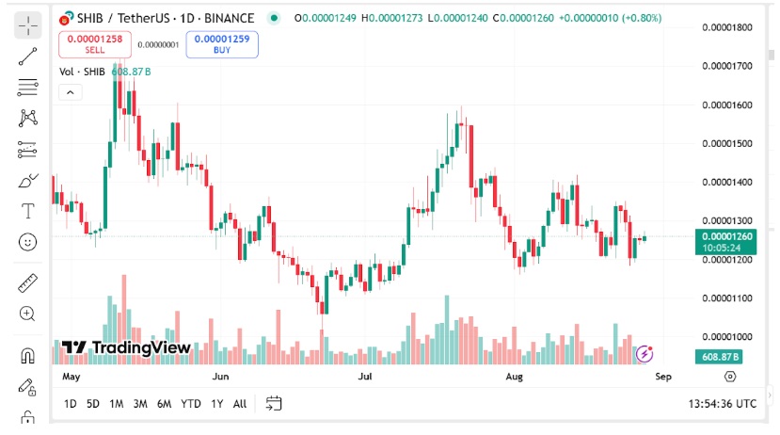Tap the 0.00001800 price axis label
click(x=728, y=27)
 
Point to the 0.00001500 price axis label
click(x=728, y=144)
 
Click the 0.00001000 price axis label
click(x=728, y=337)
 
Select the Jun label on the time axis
click(x=220, y=377)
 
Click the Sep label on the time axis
click(x=662, y=377)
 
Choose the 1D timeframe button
click(x=71, y=404)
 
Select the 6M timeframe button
click(x=164, y=404)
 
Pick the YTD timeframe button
click(x=191, y=404)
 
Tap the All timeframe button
click(x=240, y=404)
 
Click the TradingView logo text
click(x=126, y=347)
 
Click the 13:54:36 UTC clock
click(x=722, y=404)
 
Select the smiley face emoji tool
click(x=27, y=242)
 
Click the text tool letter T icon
click(x=27, y=210)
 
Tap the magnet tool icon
click(x=27, y=356)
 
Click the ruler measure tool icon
click(x=27, y=282)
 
